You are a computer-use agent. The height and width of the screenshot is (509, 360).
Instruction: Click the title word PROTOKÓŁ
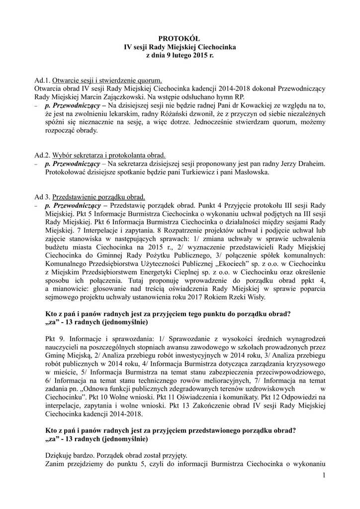coord(180,38)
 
